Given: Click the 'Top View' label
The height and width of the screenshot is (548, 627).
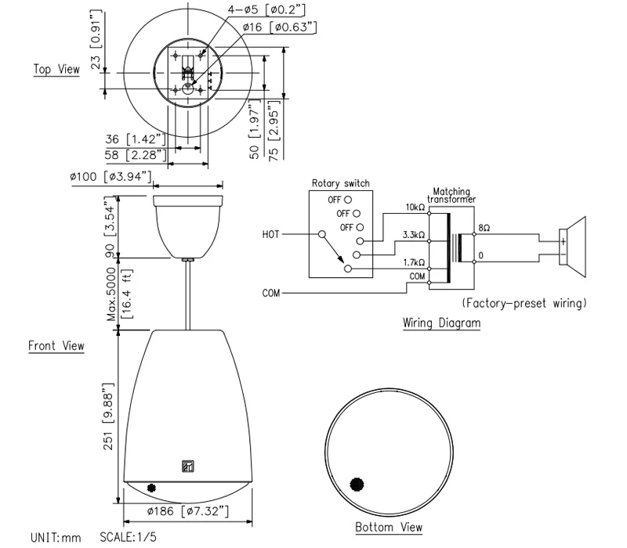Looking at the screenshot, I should [56, 70].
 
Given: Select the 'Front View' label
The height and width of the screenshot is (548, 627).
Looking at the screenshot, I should [56, 345].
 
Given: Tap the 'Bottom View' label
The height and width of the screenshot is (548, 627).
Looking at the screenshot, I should [389, 527].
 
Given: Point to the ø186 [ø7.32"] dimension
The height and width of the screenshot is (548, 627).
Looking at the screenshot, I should [188, 511].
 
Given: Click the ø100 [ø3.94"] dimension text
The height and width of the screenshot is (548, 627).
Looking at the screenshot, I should [110, 177].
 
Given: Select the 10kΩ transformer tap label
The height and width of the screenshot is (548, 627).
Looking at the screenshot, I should [415, 207].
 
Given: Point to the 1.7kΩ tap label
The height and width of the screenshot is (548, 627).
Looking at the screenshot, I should [415, 262].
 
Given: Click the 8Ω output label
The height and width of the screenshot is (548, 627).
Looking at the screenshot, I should [484, 229].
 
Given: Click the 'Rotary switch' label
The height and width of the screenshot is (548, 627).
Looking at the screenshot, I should [340, 184].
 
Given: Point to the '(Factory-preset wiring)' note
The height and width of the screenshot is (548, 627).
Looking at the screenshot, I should [524, 302].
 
